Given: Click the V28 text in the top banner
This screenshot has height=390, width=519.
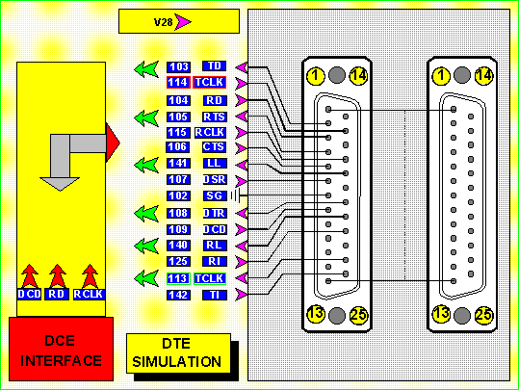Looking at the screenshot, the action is click(163, 22).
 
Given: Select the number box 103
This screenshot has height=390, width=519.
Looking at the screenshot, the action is click(178, 66).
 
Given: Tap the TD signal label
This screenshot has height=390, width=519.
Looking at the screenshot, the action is click(214, 65).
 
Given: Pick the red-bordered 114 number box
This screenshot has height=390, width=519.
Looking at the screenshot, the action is click(178, 82).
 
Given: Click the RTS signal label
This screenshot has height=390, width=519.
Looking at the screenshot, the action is click(215, 117).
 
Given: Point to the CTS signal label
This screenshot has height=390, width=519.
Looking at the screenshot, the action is click(214, 147).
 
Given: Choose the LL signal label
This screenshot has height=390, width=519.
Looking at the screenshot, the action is click(215, 163).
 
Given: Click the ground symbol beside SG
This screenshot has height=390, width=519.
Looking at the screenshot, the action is click(235, 196).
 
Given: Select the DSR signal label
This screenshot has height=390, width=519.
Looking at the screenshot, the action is click(215, 179).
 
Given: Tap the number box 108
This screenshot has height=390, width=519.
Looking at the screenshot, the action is click(178, 213).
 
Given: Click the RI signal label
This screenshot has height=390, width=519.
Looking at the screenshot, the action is click(215, 262).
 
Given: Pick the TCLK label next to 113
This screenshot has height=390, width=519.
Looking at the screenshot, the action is click(210, 278).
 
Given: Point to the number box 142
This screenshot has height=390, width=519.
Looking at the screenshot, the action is click(178, 295).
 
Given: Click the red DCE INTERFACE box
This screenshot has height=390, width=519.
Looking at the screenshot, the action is click(62, 349).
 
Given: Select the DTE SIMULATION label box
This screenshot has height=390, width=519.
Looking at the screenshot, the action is click(178, 353).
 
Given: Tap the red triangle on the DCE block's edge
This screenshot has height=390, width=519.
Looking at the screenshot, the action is click(113, 143).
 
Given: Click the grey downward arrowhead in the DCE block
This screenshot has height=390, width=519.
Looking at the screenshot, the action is click(60, 184).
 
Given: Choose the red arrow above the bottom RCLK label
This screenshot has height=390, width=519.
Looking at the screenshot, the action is click(90, 275).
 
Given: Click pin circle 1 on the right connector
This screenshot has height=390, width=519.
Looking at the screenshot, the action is click(441, 76).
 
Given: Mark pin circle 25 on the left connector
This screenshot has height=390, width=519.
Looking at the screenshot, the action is click(358, 315).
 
